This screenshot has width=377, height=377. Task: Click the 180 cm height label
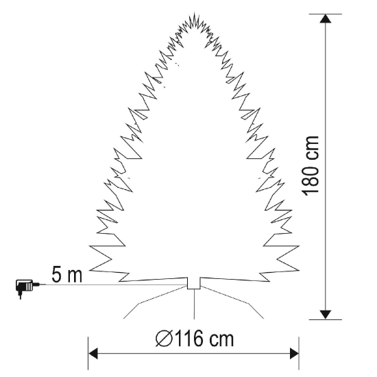[x=312, y=166]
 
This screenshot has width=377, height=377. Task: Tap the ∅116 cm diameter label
[x=195, y=339]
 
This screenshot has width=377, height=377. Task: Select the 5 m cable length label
[x=66, y=275]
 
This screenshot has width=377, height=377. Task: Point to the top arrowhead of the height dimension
[x=326, y=19]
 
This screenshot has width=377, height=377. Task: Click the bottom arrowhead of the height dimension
[x=326, y=315]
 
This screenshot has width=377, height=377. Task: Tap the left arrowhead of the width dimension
[x=93, y=354]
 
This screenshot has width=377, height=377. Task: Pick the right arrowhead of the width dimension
[x=294, y=354]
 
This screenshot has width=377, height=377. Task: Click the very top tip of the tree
[x=194, y=12]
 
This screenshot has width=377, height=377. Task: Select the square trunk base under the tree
[x=194, y=284]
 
